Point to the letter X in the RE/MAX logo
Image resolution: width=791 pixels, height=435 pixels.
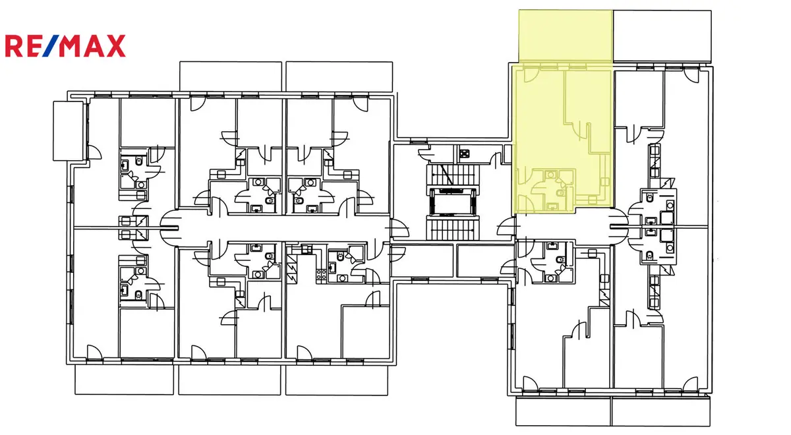tap(115, 45)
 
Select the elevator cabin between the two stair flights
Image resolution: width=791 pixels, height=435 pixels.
tap(453, 204)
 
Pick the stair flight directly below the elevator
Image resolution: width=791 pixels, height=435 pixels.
tap(453, 229)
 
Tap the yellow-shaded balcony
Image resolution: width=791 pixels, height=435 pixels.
tap(566, 36)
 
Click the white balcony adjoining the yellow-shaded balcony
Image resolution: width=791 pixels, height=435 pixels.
tap(662, 36)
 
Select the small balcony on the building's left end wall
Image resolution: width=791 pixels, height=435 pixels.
tap(69, 131)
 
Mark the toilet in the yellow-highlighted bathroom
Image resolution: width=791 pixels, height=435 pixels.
tap(560, 192)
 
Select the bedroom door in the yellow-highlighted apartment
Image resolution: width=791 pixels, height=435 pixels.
tap(581, 131)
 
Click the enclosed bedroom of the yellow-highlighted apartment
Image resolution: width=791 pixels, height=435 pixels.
tap(588, 97)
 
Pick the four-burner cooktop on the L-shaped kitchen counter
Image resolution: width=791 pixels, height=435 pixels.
tap(321, 274)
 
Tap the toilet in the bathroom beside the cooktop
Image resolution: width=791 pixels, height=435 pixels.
tap(340, 256)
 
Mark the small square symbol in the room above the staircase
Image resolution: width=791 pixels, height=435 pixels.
tap(464, 153)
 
